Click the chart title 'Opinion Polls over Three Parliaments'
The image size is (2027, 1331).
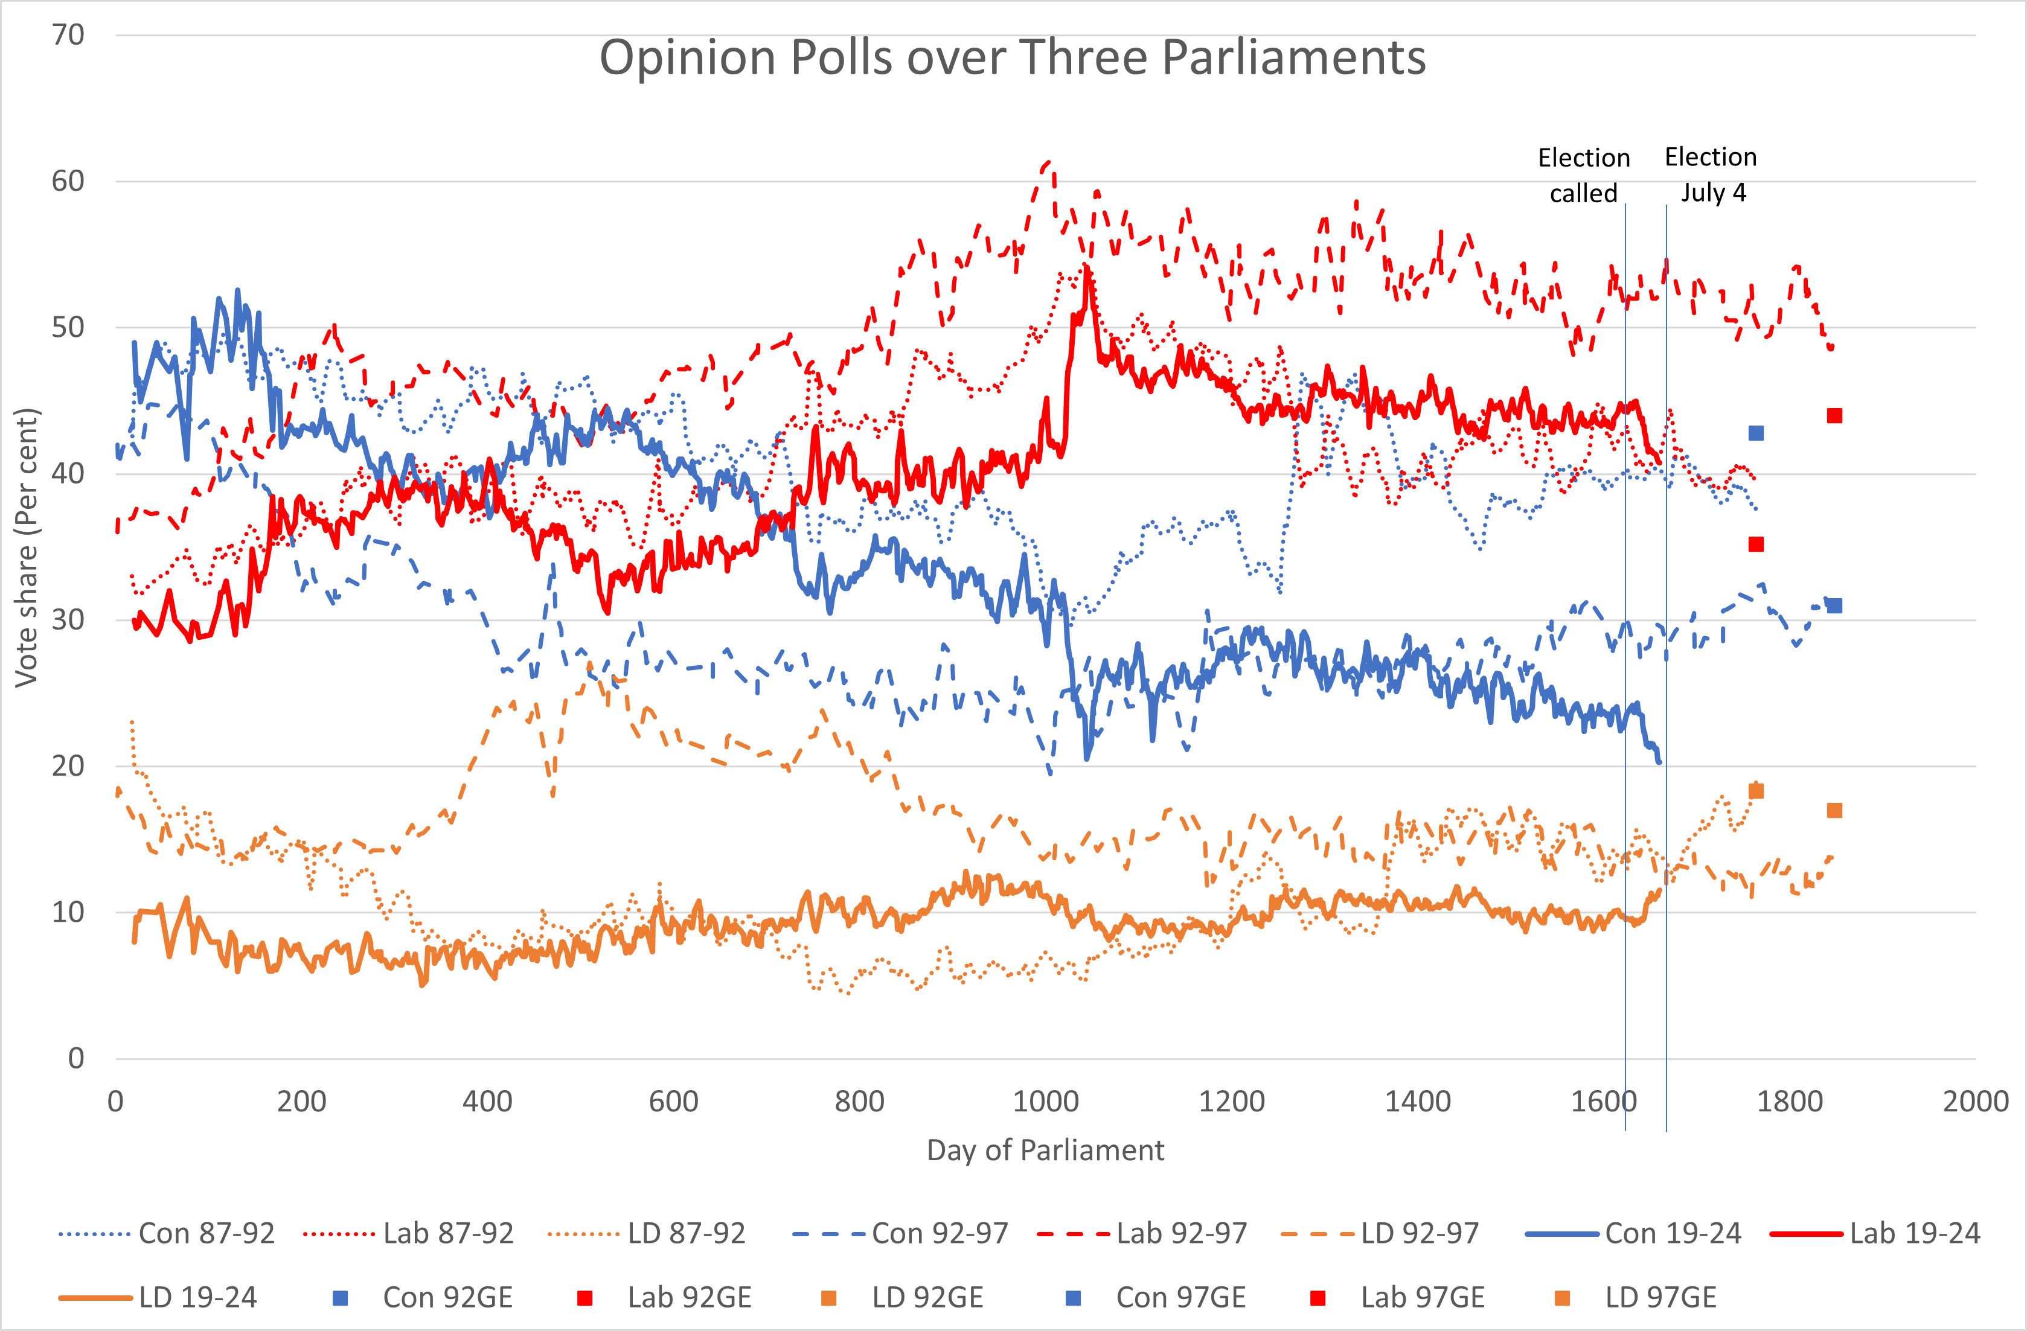pos(1012,58)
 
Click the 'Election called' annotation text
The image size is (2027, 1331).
pos(1583,176)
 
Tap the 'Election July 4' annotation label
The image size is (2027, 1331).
pos(1711,174)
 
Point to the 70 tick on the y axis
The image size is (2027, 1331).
pos(68,35)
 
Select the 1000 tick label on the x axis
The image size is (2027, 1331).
pos(1045,1101)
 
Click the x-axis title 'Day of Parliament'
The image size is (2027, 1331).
pos(1045,1150)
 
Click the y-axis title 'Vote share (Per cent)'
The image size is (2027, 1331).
pos(27,547)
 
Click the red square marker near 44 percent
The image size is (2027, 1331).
pos(1834,415)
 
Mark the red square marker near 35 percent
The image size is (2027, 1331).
pos(1755,544)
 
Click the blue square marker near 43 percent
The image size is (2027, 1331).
pos(1755,433)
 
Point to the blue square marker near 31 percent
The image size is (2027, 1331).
pos(1834,605)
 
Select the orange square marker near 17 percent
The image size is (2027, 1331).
pos(1834,810)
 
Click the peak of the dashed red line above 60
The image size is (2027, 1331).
pos(1048,162)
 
